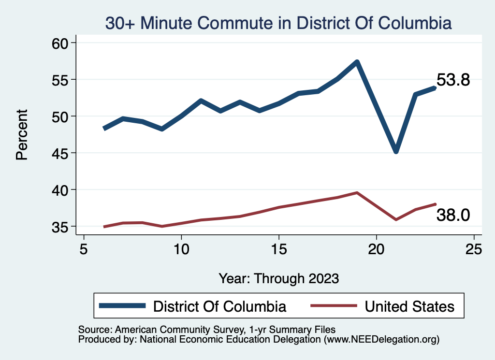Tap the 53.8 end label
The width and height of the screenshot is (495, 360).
coord(453,80)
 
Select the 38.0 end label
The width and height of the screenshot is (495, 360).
coord(453,215)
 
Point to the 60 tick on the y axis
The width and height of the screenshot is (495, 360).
coord(61,43)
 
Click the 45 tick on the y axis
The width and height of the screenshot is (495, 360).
coord(61,153)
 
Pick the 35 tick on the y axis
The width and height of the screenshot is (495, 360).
coord(61,227)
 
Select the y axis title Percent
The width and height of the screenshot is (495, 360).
coord(22,134)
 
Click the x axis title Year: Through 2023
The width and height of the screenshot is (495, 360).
coord(279,278)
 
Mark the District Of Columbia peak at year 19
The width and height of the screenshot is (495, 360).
coord(357,62)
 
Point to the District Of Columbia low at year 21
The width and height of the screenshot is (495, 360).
coord(396,151)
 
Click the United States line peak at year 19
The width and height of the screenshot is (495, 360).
coord(357,193)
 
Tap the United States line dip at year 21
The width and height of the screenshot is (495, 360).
coord(396,219)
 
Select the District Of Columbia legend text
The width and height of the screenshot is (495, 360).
coord(219,306)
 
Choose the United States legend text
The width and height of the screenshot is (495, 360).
coord(409,306)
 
